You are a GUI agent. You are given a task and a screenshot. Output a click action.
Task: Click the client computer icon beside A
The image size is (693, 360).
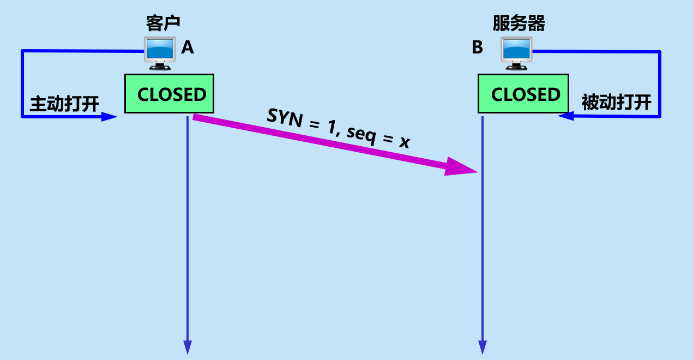[160, 53]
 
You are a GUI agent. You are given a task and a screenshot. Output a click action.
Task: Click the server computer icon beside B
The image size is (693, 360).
[516, 53]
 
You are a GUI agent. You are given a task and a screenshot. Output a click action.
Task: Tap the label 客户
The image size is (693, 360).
[163, 23]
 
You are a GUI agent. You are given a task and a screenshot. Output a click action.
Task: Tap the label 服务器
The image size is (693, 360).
[519, 23]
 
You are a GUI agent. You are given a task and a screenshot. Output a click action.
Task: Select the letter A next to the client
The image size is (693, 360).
[187, 48]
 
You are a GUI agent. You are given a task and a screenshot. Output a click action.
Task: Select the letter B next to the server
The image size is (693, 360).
[477, 48]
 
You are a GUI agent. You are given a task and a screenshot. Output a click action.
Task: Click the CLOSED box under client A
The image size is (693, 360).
[169, 94]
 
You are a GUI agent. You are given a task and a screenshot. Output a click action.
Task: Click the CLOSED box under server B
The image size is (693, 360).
[523, 94]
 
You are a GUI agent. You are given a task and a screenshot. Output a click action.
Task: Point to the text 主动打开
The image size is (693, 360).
[64, 104]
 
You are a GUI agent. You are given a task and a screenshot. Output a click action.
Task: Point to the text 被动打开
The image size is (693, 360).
[616, 103]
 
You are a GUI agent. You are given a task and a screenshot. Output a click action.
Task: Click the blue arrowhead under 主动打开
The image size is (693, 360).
[111, 117]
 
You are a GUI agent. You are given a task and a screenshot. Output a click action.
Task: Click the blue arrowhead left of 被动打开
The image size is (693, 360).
[565, 116]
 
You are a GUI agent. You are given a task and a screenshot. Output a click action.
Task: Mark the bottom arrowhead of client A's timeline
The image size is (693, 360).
[188, 347]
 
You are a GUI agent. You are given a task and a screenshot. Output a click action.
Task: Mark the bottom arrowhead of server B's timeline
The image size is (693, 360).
[483, 347]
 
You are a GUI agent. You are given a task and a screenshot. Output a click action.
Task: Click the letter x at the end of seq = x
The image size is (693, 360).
[404, 143]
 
